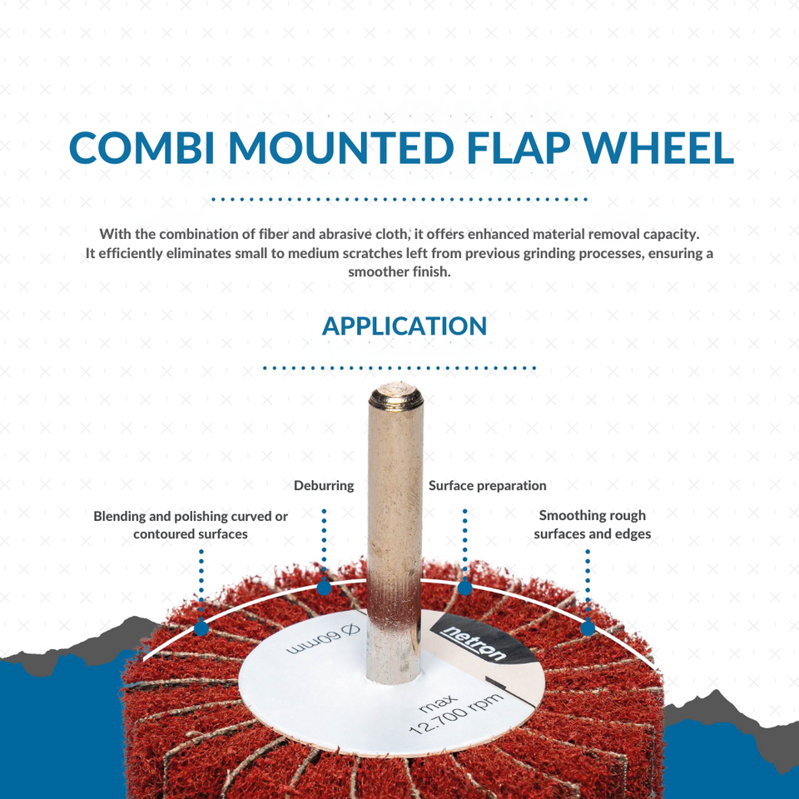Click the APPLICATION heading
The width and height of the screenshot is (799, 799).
click(x=404, y=325)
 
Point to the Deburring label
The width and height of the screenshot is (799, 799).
click(x=324, y=485)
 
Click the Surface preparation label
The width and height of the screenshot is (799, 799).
click(x=487, y=485)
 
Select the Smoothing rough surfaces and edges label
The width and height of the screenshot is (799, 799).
click(x=592, y=524)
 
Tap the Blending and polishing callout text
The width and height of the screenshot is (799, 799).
click(x=191, y=524)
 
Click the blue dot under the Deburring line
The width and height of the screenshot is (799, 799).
click(x=324, y=588)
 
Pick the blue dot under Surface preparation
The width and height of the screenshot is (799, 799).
click(x=465, y=588)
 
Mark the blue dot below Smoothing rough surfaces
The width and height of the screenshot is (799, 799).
click(x=588, y=628)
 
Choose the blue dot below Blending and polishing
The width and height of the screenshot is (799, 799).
click(x=201, y=628)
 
